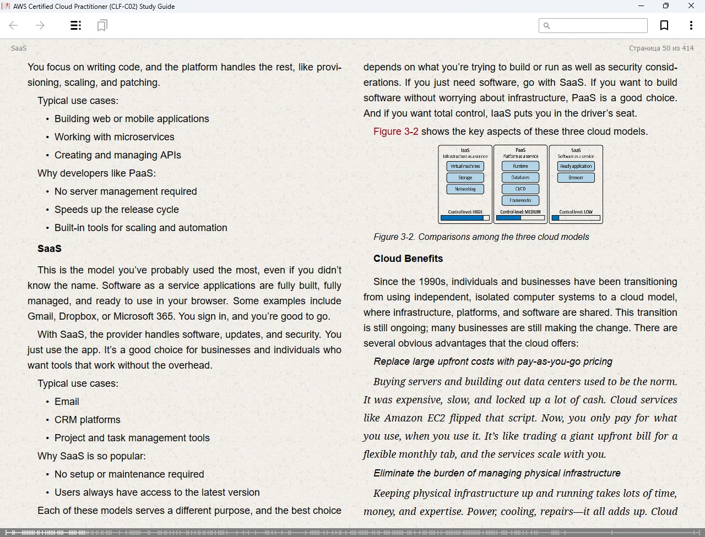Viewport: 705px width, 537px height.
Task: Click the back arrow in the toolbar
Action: pos(14,25)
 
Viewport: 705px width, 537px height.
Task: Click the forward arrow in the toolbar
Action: pos(40,25)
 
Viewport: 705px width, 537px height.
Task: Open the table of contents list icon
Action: pos(76,25)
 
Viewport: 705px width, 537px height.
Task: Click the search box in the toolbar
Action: pos(593,25)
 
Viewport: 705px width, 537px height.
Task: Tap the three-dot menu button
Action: pos(691,25)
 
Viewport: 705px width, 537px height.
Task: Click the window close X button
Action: pos(691,6)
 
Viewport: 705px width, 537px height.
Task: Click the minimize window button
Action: pos(641,6)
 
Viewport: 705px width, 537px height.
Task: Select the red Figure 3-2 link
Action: pos(395,131)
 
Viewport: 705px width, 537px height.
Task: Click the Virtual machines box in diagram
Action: pos(465,166)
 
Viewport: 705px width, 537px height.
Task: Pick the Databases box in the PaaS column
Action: pos(520,178)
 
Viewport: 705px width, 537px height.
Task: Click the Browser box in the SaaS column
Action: pos(576,178)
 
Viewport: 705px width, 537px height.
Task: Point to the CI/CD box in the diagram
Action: pos(520,189)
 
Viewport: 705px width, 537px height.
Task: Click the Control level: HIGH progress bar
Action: pos(465,218)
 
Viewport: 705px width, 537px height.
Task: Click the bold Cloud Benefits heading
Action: pos(408,259)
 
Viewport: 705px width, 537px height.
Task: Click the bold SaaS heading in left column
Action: pos(50,249)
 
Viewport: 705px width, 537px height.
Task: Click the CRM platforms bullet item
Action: pos(87,420)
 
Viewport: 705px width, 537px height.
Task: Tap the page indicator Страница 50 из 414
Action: pos(661,48)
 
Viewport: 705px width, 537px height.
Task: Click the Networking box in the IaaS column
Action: pos(465,189)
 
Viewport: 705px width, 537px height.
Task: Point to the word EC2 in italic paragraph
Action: pos(436,418)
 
